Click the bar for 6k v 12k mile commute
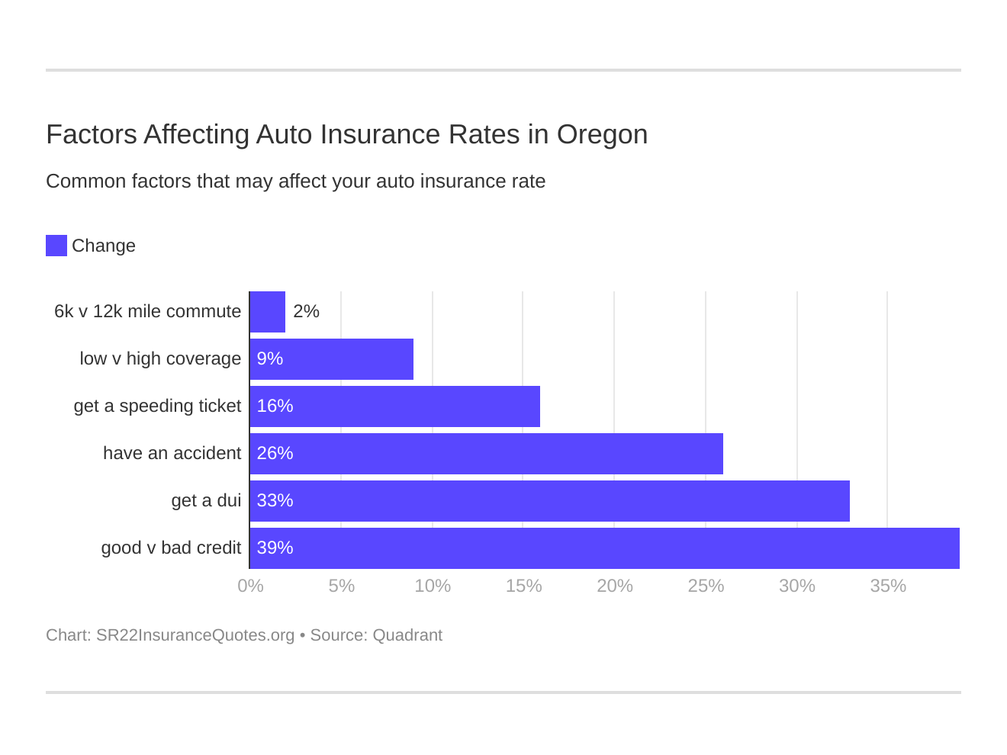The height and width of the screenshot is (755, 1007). point(268,312)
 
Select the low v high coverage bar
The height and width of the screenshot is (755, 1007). point(332,359)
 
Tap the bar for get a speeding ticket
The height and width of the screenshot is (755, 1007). point(395,406)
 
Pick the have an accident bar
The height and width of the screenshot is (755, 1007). point(487,454)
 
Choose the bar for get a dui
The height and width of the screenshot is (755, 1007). point(550,501)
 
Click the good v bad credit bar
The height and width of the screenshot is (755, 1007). point(605,548)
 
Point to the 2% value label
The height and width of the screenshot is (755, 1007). point(306,312)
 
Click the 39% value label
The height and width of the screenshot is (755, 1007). point(275,548)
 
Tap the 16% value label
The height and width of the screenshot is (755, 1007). point(275,406)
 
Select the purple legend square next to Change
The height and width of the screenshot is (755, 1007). point(56,246)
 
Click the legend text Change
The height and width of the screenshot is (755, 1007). point(104,246)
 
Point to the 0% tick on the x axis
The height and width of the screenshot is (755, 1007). point(250,586)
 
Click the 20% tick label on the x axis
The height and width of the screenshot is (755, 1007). point(615,586)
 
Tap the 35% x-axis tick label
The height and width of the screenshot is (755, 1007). point(888,586)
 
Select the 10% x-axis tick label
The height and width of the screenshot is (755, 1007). point(433,586)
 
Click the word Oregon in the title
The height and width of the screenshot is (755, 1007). point(602,135)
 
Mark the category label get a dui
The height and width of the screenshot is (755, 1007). point(206,501)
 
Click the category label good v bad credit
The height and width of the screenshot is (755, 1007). point(171,548)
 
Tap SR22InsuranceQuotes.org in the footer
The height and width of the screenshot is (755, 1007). point(195,635)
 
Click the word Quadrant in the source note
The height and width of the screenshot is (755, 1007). point(407,635)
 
